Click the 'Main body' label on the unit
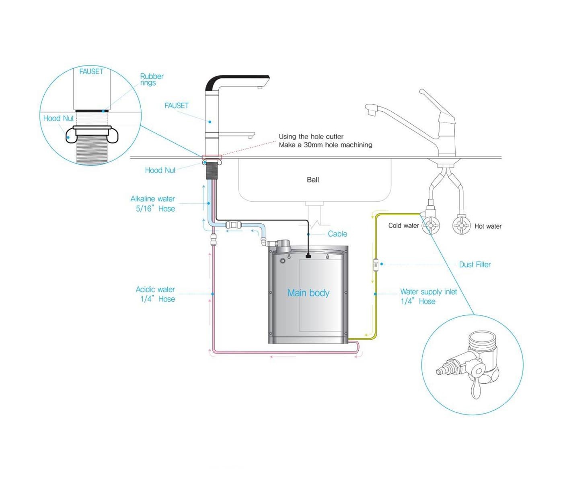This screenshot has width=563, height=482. (308, 293)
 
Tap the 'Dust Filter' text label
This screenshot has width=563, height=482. (475, 264)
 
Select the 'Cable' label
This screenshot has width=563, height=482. (337, 234)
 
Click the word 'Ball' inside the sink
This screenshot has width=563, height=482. (312, 180)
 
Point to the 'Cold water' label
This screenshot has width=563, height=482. (403, 225)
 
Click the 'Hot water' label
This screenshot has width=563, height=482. (488, 226)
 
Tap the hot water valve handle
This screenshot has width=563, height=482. (461, 226)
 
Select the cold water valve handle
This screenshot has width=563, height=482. (431, 226)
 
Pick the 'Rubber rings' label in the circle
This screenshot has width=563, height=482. (151, 79)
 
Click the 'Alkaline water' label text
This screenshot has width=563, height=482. (152, 199)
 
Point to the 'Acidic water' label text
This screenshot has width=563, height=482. (155, 289)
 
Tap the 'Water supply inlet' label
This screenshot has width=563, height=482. (428, 292)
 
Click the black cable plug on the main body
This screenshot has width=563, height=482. (308, 255)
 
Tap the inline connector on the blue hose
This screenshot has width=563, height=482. (233, 225)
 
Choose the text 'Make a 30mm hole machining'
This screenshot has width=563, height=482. (325, 145)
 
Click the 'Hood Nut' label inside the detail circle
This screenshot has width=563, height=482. (58, 118)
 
